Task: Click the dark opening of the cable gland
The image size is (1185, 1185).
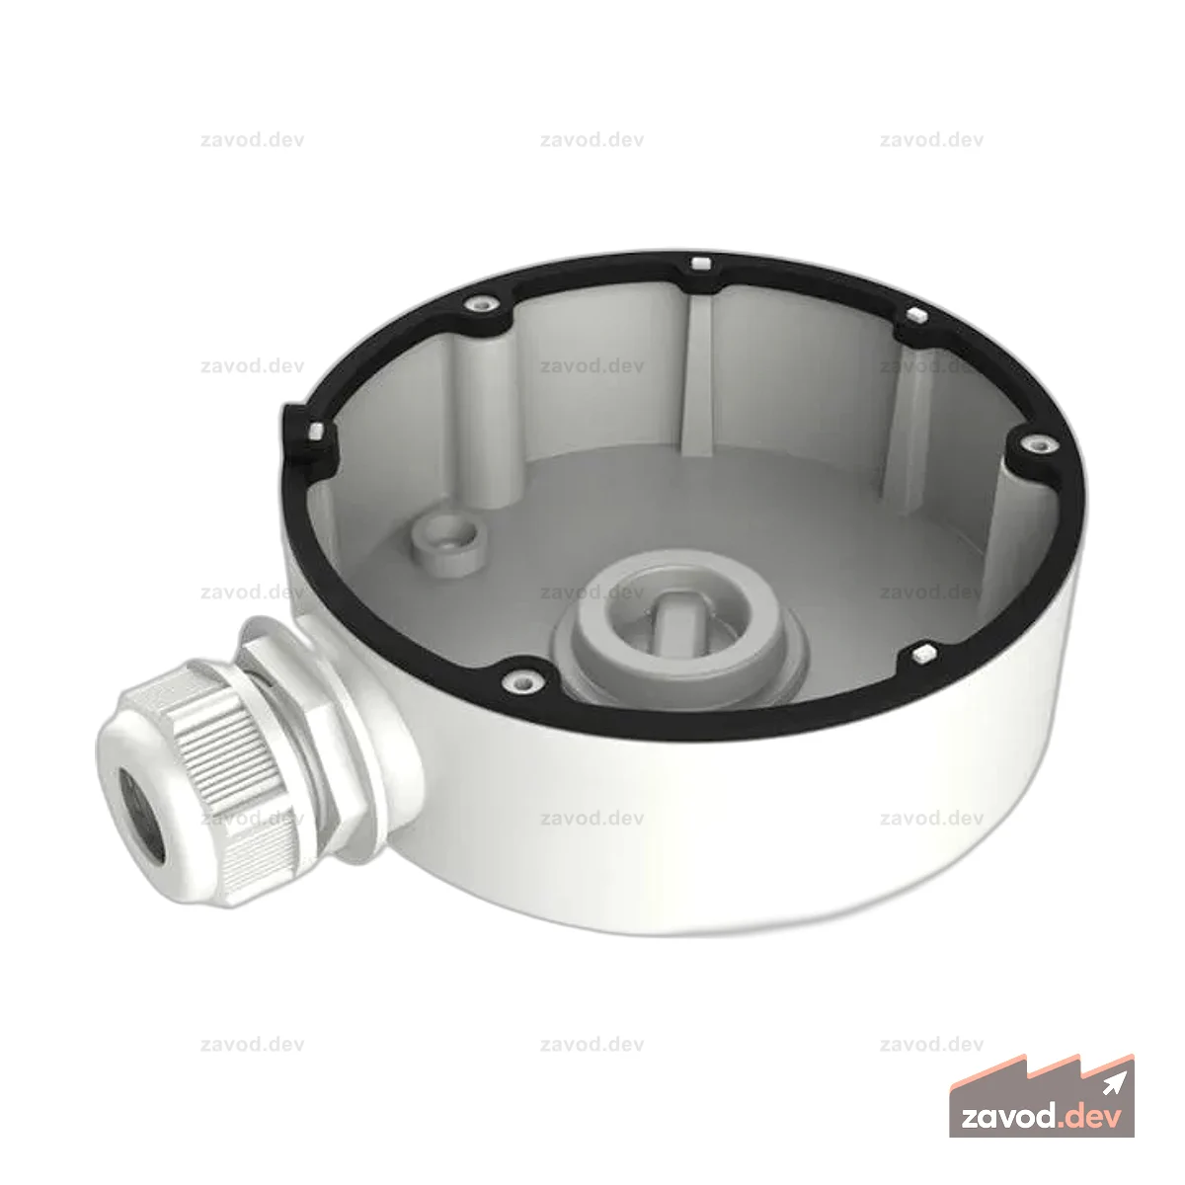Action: pos(141,815)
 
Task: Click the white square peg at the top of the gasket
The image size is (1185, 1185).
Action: pos(701,265)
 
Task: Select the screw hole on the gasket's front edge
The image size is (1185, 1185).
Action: pos(522,680)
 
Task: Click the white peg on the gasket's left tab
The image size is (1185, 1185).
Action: pos(315,431)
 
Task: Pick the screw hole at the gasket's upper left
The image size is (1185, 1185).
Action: pos(482,303)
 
